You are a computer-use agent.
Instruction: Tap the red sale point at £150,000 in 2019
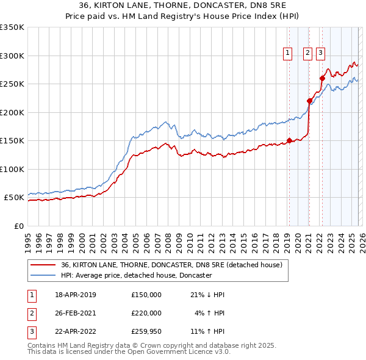pyautogui.click(x=289, y=141)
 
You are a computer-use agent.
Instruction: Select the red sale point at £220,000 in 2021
pyautogui.click(x=309, y=101)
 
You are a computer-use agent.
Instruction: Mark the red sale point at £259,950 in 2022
pyautogui.click(x=322, y=78)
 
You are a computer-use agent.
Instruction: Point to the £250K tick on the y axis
pyautogui.click(x=12, y=84)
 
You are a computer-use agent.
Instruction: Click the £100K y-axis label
pyautogui.click(x=12, y=169)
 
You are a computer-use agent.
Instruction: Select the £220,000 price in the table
pyautogui.click(x=146, y=313)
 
